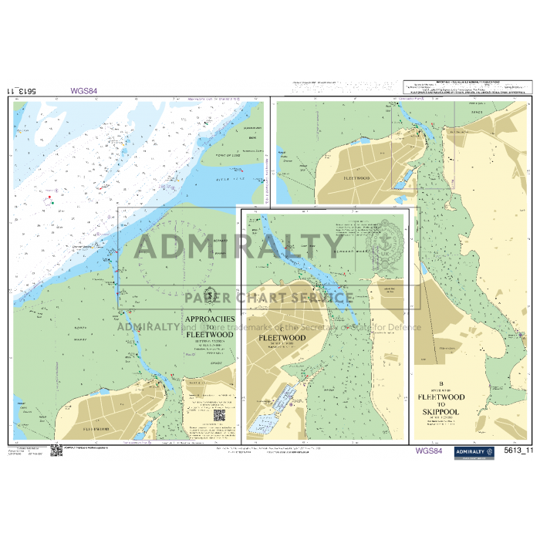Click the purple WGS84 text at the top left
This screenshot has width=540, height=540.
[x=83, y=90]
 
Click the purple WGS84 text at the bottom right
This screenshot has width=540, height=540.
[x=429, y=451]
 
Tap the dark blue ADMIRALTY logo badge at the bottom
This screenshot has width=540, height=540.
[x=474, y=452]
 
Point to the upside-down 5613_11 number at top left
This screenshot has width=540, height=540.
[x=22, y=91]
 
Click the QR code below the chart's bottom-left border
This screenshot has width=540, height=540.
[x=56, y=450]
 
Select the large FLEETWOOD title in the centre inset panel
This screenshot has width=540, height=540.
[x=282, y=338]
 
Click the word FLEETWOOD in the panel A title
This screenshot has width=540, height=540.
[x=204, y=334]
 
